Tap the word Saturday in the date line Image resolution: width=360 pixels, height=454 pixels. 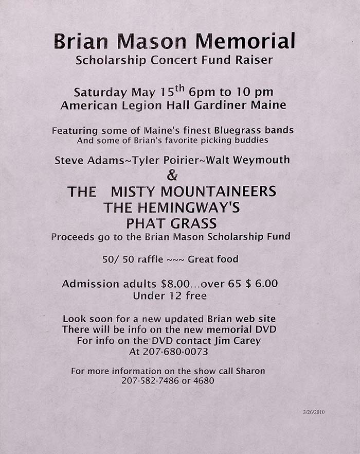[100, 93]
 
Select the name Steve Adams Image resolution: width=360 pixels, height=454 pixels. [85, 160]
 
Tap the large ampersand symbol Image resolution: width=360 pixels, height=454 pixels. [173, 175]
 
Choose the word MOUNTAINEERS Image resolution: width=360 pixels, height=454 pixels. [215, 192]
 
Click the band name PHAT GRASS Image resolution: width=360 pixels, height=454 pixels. [172, 223]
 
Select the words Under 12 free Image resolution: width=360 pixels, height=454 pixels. [170, 296]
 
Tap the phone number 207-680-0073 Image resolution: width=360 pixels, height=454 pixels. [169, 352]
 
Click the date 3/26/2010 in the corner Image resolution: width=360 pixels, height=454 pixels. [314, 412]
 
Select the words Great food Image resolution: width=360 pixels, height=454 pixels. [213, 259]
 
